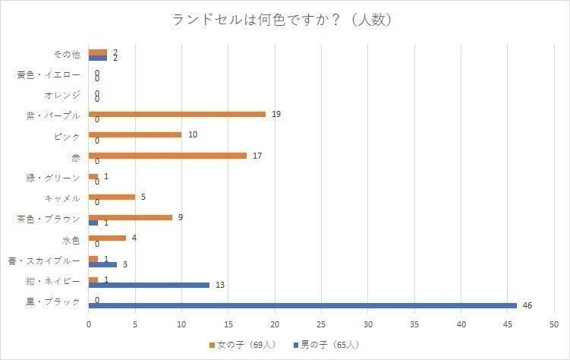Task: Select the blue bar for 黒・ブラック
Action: pyautogui.click(x=303, y=305)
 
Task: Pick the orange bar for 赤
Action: pyautogui.click(x=168, y=156)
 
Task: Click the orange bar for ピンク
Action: pyautogui.click(x=135, y=134)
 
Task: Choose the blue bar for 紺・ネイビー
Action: pyautogui.click(x=149, y=285)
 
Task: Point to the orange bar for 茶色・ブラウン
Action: pyautogui.click(x=131, y=217)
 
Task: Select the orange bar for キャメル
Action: pyautogui.click(x=112, y=197)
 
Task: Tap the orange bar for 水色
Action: pyautogui.click(x=107, y=238)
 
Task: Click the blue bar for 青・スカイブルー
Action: pyautogui.click(x=102, y=264)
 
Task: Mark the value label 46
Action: pyautogui.click(x=527, y=305)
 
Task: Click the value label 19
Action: pyautogui.click(x=276, y=114)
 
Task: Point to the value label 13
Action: pyautogui.click(x=221, y=285)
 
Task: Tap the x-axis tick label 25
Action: pyautogui.click(x=322, y=324)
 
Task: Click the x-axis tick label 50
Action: pyautogui.click(x=554, y=324)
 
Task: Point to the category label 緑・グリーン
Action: pyautogui.click(x=52, y=178)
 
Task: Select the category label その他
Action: pyautogui.click(x=66, y=54)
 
